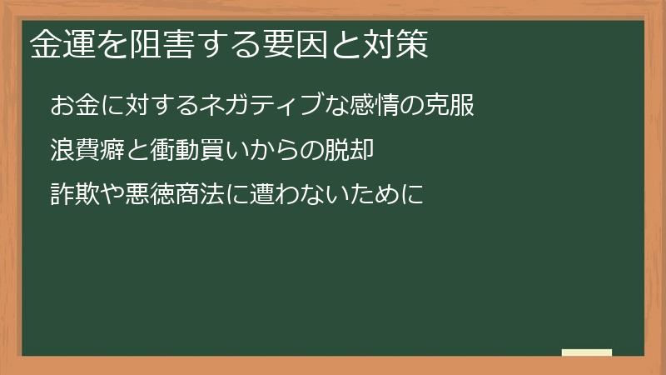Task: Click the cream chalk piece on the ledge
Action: (587, 352)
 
